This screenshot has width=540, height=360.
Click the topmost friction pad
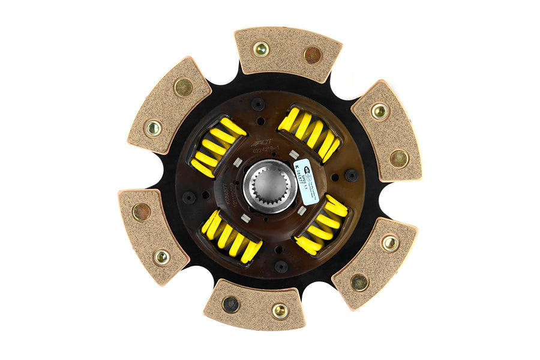coord(287,54)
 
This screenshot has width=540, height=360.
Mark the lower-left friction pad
coord(153,227)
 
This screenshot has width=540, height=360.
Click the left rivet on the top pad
coord(261,49)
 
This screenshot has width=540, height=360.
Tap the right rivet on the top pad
coord(312,55)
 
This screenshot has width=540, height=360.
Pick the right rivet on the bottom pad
coord(280,310)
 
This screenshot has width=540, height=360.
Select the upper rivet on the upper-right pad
coord(379,111)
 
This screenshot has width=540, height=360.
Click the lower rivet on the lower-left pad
coord(161,257)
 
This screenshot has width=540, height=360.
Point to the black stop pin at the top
coord(258,104)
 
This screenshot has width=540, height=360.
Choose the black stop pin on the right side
coord(351,175)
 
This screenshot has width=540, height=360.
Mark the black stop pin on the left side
coord(190,197)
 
